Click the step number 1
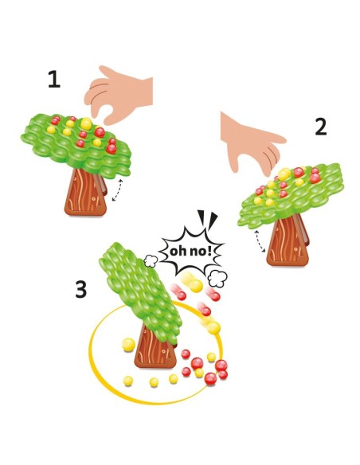[53, 80]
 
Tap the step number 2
[320, 126]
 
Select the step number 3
[80, 290]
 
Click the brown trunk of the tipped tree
[156, 350]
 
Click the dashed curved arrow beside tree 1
[118, 191]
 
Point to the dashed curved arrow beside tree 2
[258, 241]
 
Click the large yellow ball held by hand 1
[85, 123]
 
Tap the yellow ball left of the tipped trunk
[125, 344]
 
